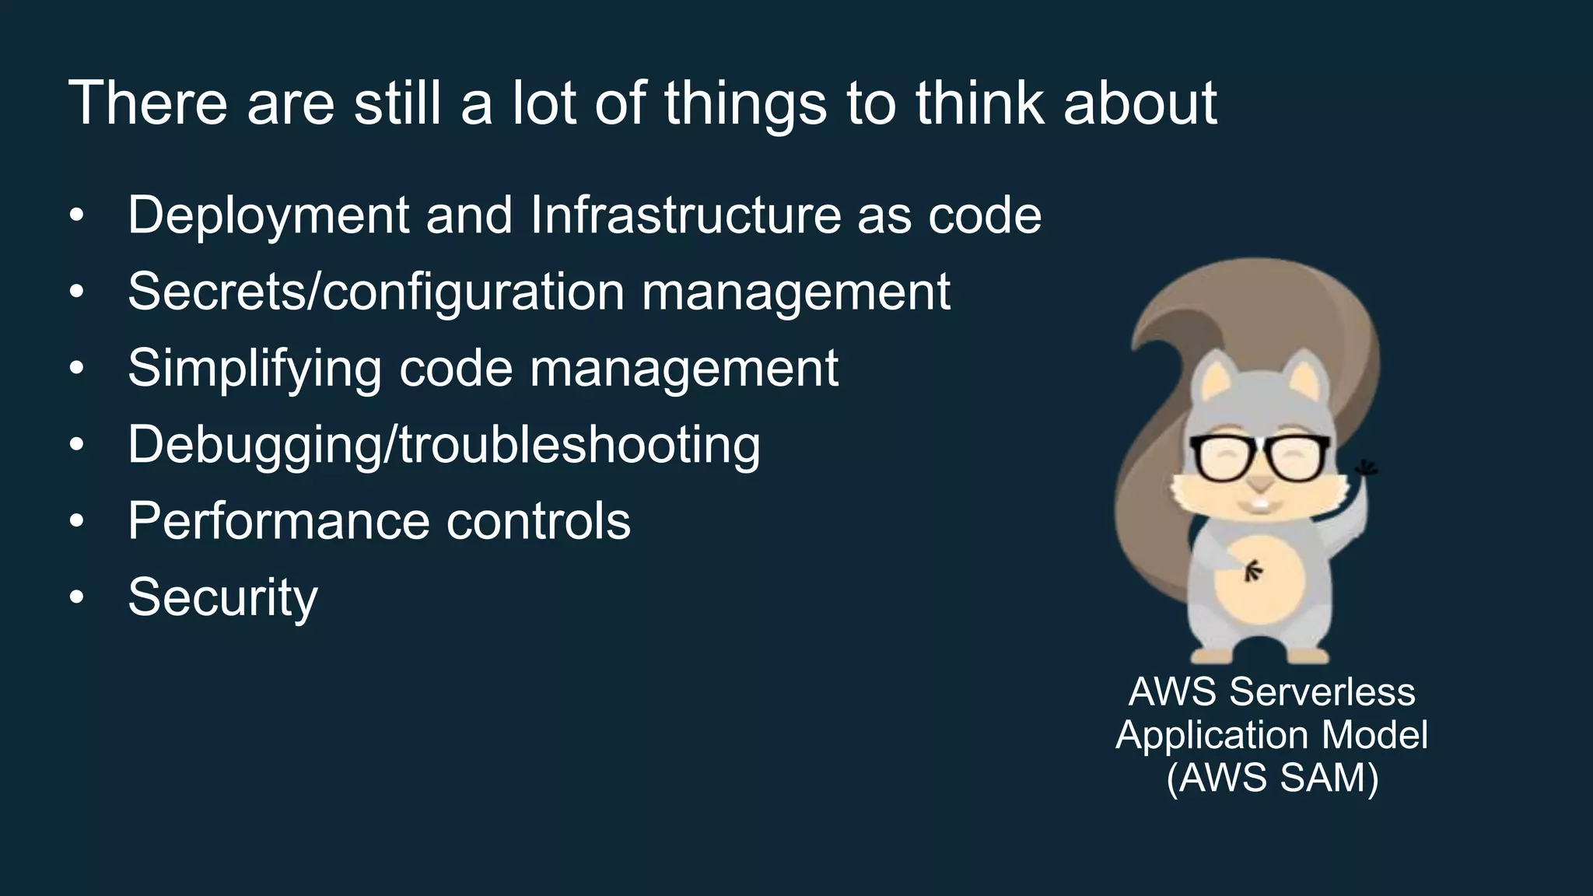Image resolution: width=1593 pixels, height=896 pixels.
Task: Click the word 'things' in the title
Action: (x=745, y=103)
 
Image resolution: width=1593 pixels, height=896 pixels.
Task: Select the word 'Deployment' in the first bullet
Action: (x=268, y=215)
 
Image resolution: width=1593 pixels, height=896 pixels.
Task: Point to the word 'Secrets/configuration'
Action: (x=376, y=292)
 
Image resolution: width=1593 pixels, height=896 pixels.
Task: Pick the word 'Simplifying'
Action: (x=254, y=368)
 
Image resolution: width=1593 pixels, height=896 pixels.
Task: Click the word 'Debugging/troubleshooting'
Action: (x=444, y=445)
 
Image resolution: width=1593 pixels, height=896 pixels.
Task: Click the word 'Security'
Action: (x=222, y=597)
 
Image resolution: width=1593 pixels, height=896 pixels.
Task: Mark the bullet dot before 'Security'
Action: (x=75, y=597)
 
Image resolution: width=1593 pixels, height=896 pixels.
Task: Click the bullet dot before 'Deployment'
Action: (x=75, y=215)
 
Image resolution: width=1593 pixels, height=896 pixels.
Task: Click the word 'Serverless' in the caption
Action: (x=1322, y=691)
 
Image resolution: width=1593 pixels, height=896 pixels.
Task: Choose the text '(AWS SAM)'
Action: (x=1272, y=777)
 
